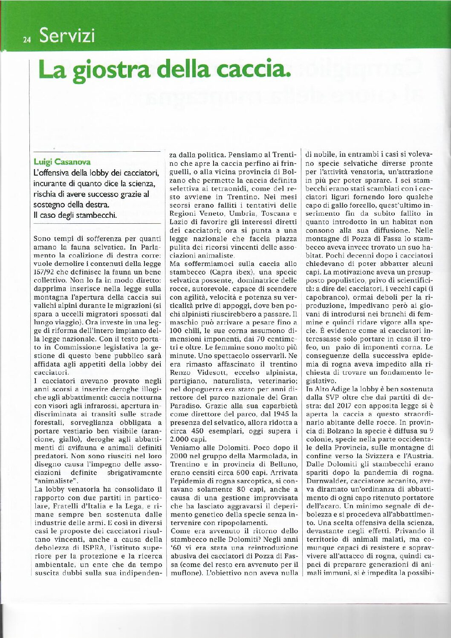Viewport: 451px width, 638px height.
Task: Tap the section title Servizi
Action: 66,36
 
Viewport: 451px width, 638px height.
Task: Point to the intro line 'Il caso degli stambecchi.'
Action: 75,215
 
